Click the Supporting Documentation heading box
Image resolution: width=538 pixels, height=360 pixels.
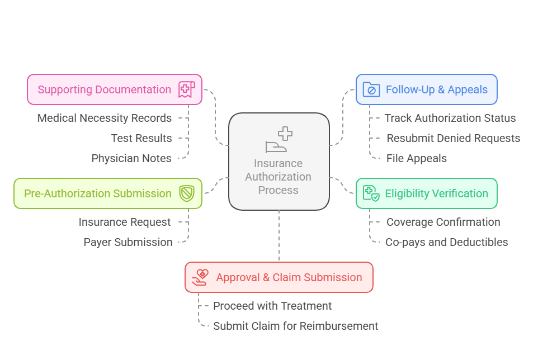click(114, 89)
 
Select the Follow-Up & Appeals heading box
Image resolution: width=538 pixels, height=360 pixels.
click(426, 89)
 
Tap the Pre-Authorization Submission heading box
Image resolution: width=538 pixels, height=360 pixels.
click(107, 193)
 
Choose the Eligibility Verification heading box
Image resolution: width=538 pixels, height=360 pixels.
click(426, 193)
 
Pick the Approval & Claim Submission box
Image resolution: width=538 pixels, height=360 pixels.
click(279, 277)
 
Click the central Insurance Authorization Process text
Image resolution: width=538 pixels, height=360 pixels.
click(279, 177)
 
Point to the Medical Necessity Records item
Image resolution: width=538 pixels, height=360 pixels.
click(105, 118)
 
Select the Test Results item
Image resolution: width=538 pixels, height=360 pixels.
click(141, 138)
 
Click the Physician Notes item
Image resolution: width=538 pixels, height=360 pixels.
click(131, 158)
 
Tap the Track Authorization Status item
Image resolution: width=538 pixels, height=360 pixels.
click(450, 118)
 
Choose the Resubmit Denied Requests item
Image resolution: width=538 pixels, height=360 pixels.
click(453, 138)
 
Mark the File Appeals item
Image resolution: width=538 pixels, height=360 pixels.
click(416, 158)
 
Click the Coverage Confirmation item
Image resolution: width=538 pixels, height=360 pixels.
click(443, 222)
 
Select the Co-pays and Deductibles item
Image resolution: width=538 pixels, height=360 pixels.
click(446, 242)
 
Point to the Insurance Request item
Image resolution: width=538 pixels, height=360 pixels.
click(125, 222)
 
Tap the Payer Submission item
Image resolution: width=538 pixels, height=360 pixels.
click(128, 242)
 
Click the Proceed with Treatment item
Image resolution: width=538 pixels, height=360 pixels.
click(272, 306)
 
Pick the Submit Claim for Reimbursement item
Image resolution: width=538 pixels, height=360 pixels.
click(295, 326)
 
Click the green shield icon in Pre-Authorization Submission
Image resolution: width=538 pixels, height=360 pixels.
click(186, 193)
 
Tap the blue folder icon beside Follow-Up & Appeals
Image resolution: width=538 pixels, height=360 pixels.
click(371, 89)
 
